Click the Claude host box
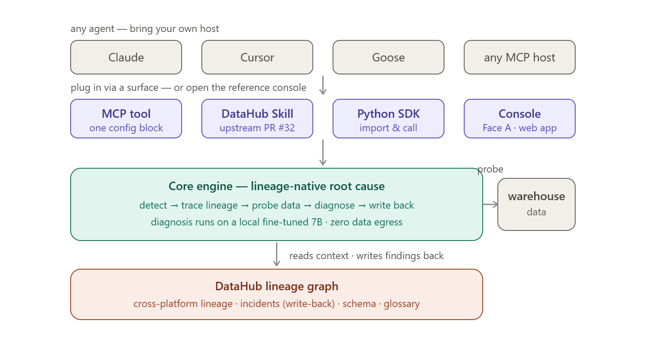[x=126, y=57]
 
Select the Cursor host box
[x=257, y=57]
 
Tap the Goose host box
[x=389, y=57]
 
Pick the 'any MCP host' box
[x=520, y=57]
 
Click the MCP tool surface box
[x=126, y=119]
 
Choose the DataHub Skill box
[x=257, y=119]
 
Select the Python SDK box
[x=389, y=119]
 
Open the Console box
[x=520, y=119]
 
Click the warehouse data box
[x=537, y=204]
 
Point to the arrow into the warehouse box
[x=490, y=204]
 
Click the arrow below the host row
[x=323, y=85]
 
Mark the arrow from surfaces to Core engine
[x=323, y=153]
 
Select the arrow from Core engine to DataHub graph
[x=276, y=254]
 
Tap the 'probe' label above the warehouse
[x=490, y=169]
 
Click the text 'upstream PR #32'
[x=257, y=128]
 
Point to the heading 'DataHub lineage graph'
[x=277, y=286]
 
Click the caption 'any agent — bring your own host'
[x=145, y=29]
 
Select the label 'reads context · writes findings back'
[x=366, y=256]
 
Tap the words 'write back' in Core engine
[x=391, y=205]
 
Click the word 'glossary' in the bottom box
[x=402, y=304]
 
